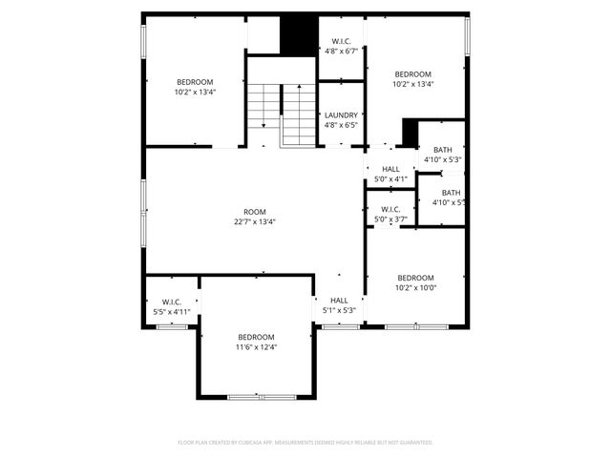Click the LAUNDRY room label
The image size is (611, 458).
341,115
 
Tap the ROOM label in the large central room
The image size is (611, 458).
255,212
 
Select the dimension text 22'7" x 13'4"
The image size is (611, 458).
255,222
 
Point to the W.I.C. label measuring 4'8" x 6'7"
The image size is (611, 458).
341,41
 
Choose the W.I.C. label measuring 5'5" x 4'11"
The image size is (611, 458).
172,302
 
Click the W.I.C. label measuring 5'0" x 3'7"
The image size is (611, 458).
390,209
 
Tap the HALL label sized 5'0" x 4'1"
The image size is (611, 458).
390,168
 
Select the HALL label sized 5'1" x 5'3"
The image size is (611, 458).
339,300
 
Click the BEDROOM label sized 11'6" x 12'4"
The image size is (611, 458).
256,337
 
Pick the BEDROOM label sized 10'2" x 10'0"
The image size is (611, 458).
415,278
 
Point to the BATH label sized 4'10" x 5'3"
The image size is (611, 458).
443,150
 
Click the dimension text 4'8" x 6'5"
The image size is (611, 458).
341,125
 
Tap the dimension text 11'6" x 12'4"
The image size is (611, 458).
256,347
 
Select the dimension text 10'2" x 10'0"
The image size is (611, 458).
415,288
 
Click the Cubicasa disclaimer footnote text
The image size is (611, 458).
305,443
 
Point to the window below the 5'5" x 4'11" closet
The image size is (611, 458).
173,327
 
